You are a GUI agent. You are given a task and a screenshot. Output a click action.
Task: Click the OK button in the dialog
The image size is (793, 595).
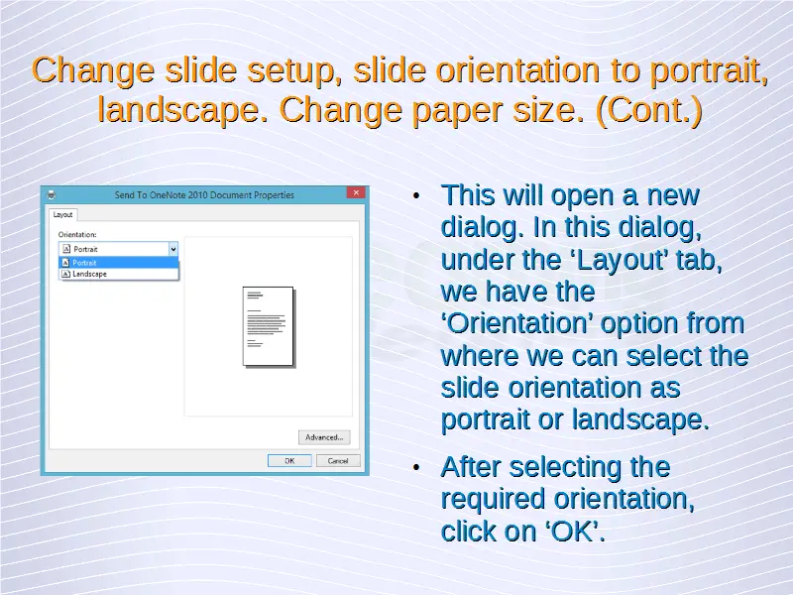[289, 460]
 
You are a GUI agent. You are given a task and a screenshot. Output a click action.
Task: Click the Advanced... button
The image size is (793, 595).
[324, 437]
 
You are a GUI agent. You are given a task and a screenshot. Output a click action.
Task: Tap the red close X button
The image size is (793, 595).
[356, 192]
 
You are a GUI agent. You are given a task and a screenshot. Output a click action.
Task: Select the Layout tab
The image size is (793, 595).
[62, 214]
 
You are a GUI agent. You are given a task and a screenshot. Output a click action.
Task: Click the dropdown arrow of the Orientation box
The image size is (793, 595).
[172, 249]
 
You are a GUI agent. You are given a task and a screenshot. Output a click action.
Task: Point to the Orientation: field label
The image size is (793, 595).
[77, 234]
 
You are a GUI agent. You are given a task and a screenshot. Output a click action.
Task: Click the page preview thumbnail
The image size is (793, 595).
[268, 326]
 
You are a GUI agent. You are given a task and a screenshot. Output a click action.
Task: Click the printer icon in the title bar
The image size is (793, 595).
[52, 194]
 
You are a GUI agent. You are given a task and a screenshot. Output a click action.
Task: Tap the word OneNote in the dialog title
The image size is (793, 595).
[168, 194]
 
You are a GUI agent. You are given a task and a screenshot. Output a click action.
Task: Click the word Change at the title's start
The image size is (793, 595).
[93, 69]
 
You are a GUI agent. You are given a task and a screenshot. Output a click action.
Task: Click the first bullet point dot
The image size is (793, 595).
[416, 195]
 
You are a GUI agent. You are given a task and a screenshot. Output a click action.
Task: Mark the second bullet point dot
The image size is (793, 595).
[416, 467]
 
